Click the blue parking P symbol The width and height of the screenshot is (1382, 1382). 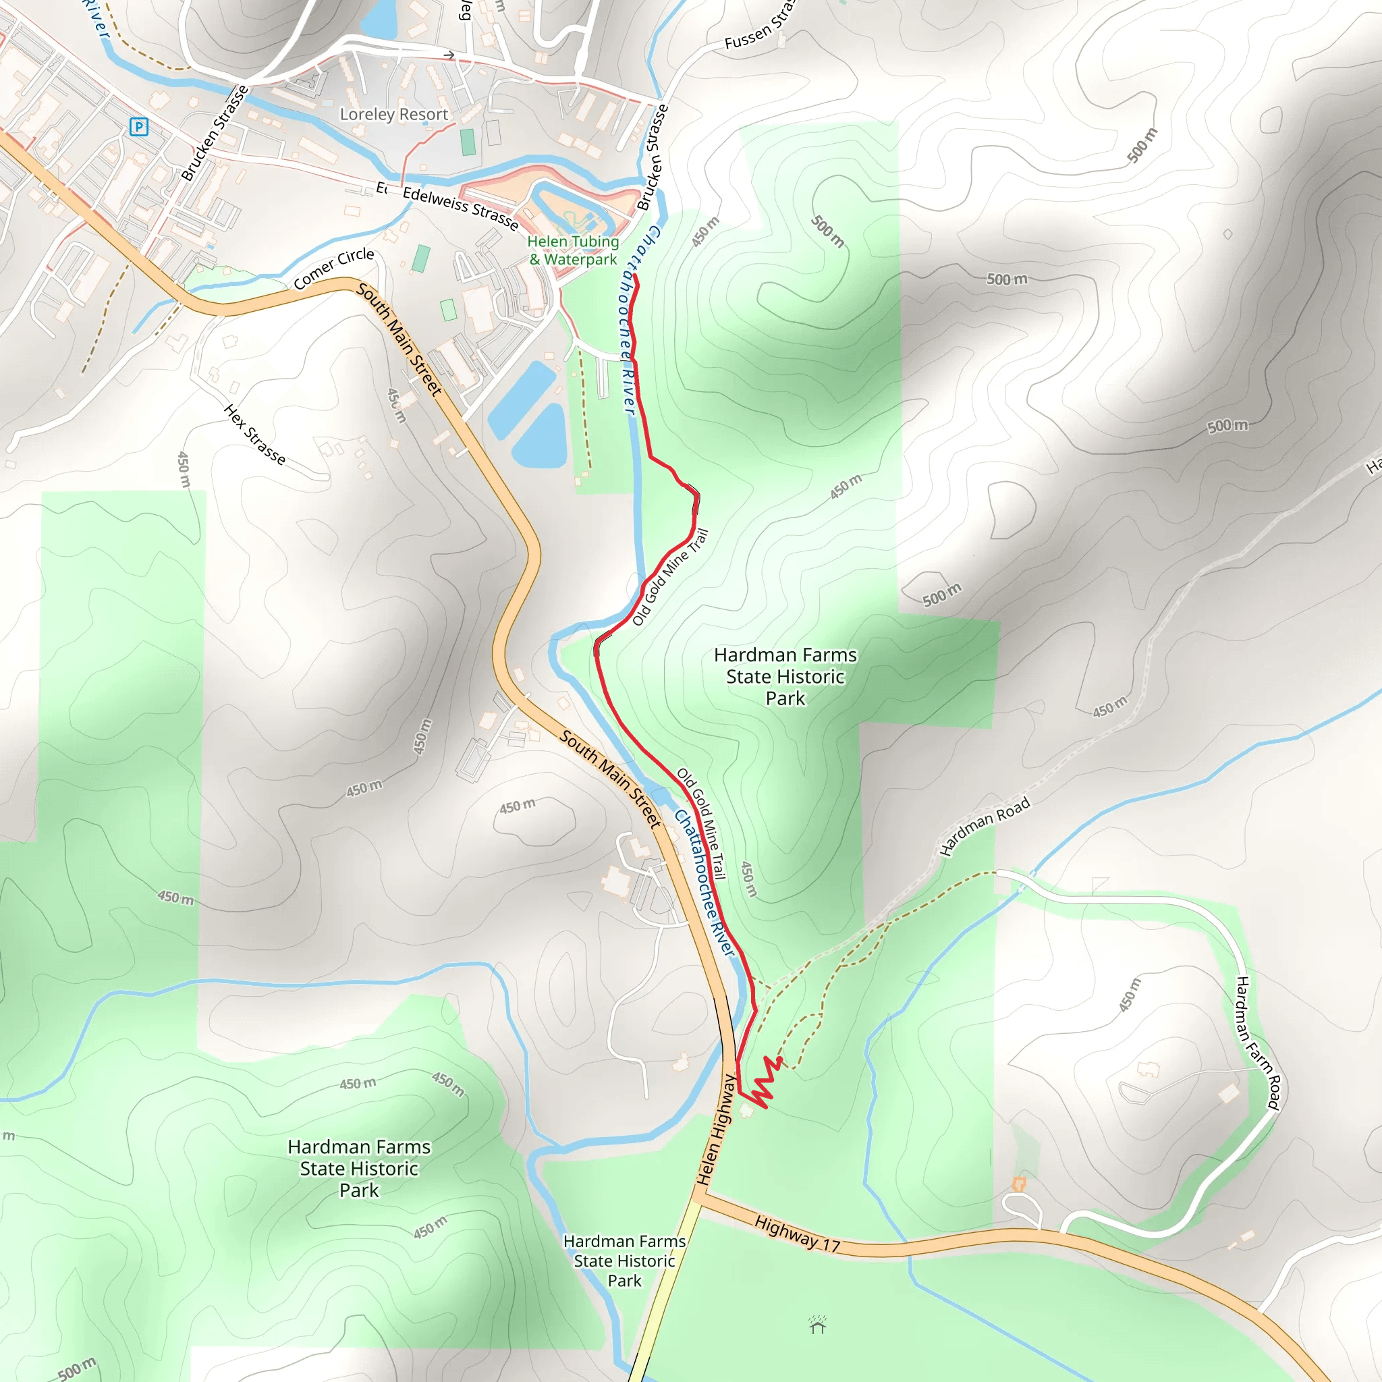(x=139, y=128)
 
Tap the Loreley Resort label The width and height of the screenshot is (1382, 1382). (x=393, y=115)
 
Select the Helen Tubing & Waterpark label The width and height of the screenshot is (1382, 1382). (x=573, y=250)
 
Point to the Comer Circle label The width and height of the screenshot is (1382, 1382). (x=333, y=269)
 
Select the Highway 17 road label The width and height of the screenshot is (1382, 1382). (x=797, y=1235)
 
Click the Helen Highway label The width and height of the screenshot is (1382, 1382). (x=716, y=1130)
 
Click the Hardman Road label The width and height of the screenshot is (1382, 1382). (x=985, y=826)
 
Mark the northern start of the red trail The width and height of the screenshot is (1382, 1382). (x=634, y=276)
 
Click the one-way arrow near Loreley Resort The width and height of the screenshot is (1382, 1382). (x=449, y=55)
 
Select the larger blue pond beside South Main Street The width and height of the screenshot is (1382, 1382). (x=521, y=400)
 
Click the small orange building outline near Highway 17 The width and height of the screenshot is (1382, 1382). (x=1018, y=1184)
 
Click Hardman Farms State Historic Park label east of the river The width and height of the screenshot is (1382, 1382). (x=785, y=676)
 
